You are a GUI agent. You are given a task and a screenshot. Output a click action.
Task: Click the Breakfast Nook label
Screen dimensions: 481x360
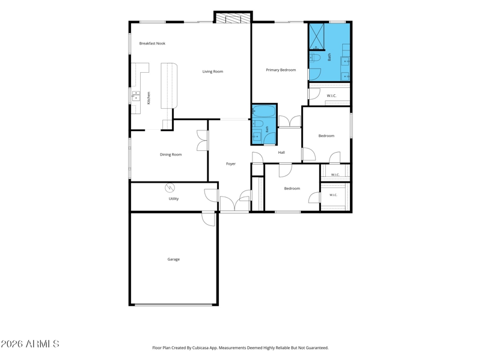[x=152, y=43]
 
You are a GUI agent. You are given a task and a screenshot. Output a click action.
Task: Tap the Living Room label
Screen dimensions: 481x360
[x=213, y=72]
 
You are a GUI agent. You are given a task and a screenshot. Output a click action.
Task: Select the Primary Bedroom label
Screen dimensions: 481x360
[x=281, y=70]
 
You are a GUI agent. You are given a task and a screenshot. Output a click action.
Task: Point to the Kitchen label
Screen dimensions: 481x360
[x=149, y=98]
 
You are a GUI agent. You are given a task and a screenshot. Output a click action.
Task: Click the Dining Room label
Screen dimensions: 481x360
[x=171, y=154]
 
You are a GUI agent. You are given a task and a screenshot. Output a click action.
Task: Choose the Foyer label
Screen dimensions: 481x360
[x=231, y=163]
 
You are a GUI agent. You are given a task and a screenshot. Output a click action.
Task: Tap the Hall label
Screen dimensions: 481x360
[x=281, y=153]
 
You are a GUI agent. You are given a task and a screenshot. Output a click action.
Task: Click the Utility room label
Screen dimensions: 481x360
[x=173, y=199]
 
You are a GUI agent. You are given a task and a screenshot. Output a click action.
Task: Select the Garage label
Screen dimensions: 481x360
[x=173, y=259]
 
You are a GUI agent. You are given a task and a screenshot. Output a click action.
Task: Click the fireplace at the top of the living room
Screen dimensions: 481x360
[x=233, y=17]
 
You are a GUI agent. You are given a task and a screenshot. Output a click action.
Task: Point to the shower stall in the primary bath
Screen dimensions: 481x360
[x=316, y=37]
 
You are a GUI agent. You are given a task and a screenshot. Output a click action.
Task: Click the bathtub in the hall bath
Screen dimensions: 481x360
[x=263, y=111]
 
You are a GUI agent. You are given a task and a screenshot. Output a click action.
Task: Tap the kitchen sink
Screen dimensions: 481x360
[x=136, y=96]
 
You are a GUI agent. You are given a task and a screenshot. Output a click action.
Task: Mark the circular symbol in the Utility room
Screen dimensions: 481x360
[x=170, y=188]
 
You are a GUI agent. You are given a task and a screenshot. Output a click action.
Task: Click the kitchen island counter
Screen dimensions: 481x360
[x=169, y=85]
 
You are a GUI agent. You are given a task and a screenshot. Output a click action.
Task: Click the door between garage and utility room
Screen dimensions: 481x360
[x=208, y=219]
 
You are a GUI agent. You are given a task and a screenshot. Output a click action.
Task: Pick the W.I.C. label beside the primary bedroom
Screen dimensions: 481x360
[x=331, y=96]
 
